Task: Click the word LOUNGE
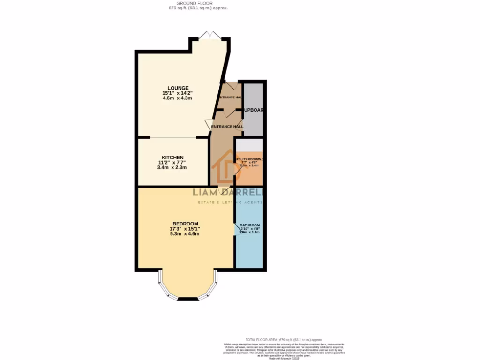(178, 88)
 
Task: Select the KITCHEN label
(172, 157)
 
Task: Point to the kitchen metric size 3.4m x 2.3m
(172, 167)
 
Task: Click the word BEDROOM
(185, 224)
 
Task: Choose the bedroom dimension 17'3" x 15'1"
(185, 229)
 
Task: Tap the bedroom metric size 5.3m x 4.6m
(185, 234)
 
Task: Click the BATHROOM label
(249, 225)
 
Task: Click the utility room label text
(250, 159)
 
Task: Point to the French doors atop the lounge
(209, 36)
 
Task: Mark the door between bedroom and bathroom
(236, 229)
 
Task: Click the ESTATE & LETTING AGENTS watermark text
(229, 202)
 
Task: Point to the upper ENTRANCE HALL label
(230, 97)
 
